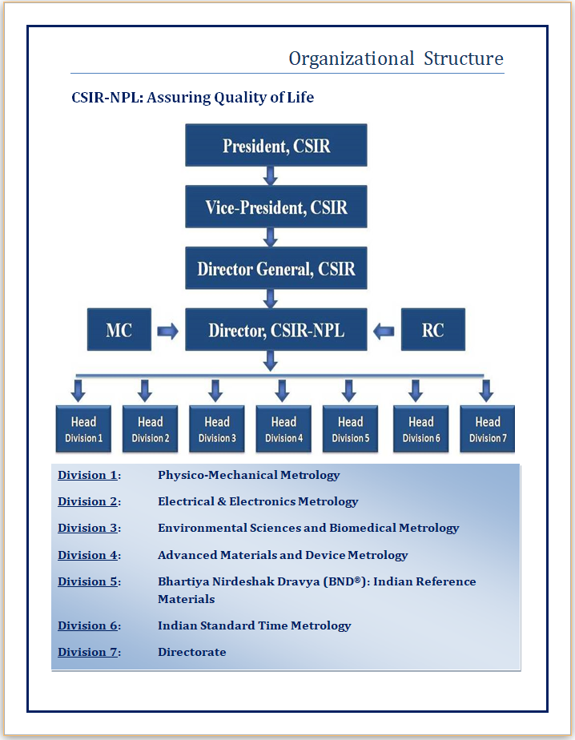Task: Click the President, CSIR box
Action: pyautogui.click(x=276, y=145)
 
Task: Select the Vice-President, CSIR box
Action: pyautogui.click(x=276, y=207)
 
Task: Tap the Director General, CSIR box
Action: pyautogui.click(x=276, y=268)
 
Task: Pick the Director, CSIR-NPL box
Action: pyautogui.click(x=276, y=329)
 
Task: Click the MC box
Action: pyautogui.click(x=119, y=329)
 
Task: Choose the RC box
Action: pyautogui.click(x=433, y=329)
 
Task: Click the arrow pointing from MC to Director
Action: pyautogui.click(x=167, y=331)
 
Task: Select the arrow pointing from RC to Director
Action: pyautogui.click(x=384, y=331)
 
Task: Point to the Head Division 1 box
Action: pyautogui.click(x=83, y=429)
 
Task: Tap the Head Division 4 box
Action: pyautogui.click(x=283, y=429)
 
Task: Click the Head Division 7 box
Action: pyautogui.click(x=488, y=429)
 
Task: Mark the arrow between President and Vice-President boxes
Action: pyautogui.click(x=271, y=175)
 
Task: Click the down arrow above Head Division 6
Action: pyautogui.click(x=416, y=390)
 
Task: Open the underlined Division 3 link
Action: pyautogui.click(x=87, y=528)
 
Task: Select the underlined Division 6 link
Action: pyautogui.click(x=87, y=625)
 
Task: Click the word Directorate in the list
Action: pyautogui.click(x=192, y=652)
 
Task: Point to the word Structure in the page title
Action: pyautogui.click(x=464, y=58)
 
